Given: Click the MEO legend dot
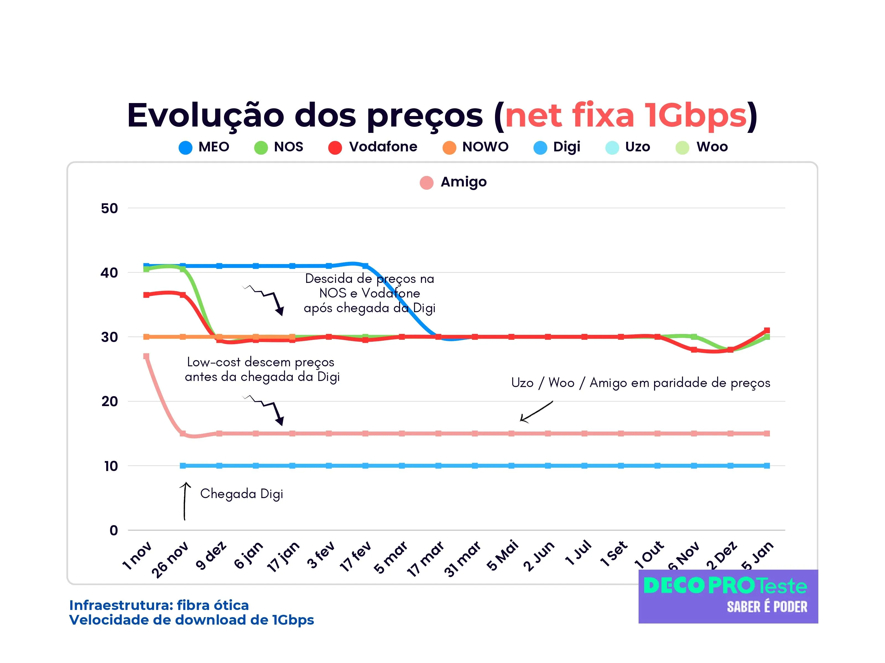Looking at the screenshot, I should click(185, 148).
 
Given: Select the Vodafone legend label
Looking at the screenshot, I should click(383, 147).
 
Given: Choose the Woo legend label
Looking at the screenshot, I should click(712, 147).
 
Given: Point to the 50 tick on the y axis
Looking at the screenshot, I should click(109, 208).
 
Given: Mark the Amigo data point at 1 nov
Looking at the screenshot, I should click(146, 356).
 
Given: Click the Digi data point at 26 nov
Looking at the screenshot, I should click(183, 465).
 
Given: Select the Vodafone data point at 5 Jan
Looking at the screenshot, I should click(767, 330).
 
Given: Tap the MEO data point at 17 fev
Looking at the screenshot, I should click(365, 266).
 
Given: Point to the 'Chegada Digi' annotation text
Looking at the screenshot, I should click(242, 494).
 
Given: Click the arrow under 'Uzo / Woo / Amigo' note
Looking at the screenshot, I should click(536, 411).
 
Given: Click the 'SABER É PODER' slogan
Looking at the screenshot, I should click(767, 607).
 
